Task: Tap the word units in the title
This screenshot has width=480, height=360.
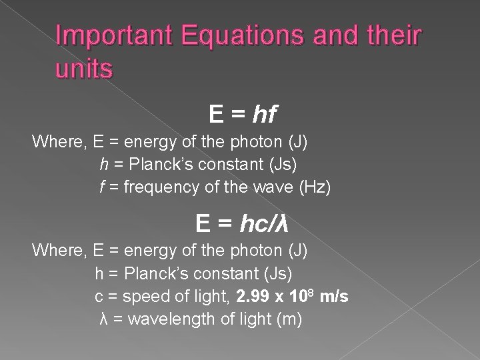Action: point(84,69)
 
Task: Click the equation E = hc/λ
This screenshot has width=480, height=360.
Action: point(241,223)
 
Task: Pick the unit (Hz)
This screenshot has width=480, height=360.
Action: point(315,188)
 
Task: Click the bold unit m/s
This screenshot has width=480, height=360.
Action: point(334,297)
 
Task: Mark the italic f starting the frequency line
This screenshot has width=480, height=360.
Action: point(102,188)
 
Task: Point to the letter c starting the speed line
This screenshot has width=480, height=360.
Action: point(99,297)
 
